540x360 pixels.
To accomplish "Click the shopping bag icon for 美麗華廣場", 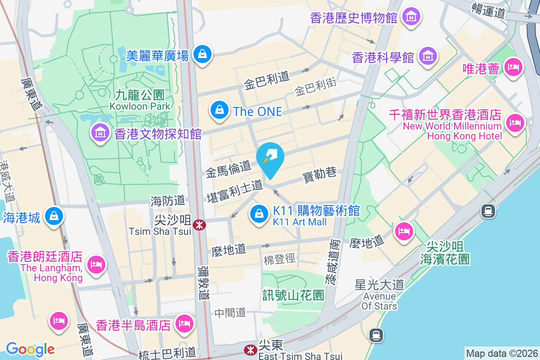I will (202, 54).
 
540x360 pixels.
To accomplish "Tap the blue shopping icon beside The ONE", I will (219, 110).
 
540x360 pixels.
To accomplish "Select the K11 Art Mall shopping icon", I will (259, 214).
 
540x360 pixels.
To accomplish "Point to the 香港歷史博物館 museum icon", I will (411, 17).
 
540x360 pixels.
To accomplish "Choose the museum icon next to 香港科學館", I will (427, 56).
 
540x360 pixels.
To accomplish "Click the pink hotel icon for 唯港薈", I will (513, 68).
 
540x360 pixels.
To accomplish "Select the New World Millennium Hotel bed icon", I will (515, 123).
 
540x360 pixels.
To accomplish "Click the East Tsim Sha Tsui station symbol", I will (250, 350).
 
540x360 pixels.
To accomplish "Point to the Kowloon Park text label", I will (140, 106).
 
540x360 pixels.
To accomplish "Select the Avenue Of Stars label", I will (380, 301).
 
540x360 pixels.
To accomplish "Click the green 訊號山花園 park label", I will (293, 295).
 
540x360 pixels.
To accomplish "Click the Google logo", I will (30, 349).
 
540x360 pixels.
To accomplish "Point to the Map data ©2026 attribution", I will (502, 353).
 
